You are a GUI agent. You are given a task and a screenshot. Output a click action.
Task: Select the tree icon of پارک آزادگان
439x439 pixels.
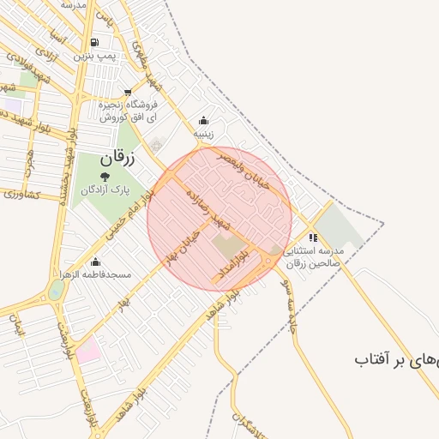point(105,177)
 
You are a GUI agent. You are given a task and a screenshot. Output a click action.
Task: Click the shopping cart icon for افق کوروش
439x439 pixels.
point(128,93)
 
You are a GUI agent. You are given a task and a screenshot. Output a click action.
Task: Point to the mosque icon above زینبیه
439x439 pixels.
point(203,121)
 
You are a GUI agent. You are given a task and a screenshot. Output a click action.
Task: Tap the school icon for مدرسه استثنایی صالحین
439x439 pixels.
point(313,238)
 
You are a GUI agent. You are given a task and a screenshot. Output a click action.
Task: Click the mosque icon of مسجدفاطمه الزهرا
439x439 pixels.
point(94,262)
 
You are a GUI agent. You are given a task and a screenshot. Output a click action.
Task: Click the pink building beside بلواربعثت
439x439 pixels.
point(87,350)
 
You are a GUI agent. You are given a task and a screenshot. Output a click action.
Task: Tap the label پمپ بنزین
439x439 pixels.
point(93,55)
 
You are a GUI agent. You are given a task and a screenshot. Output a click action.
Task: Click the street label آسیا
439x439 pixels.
point(57,39)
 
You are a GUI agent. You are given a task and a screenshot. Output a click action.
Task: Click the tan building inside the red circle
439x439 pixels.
point(228,248)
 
